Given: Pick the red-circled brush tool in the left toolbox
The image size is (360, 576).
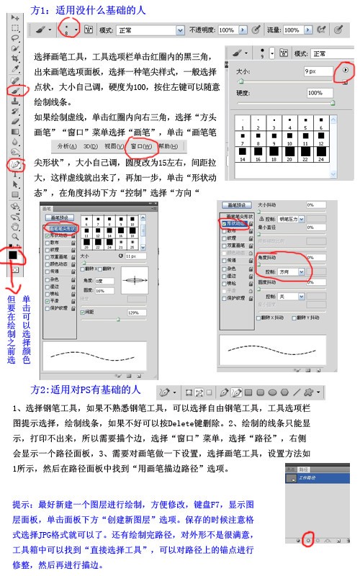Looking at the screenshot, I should pos(14,91).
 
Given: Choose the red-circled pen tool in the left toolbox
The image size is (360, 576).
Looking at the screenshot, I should pos(14,165).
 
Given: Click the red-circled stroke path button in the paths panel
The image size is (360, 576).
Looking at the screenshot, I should pos(307,539).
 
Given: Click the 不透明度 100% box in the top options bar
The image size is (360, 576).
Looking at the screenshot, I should pos(226,30).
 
